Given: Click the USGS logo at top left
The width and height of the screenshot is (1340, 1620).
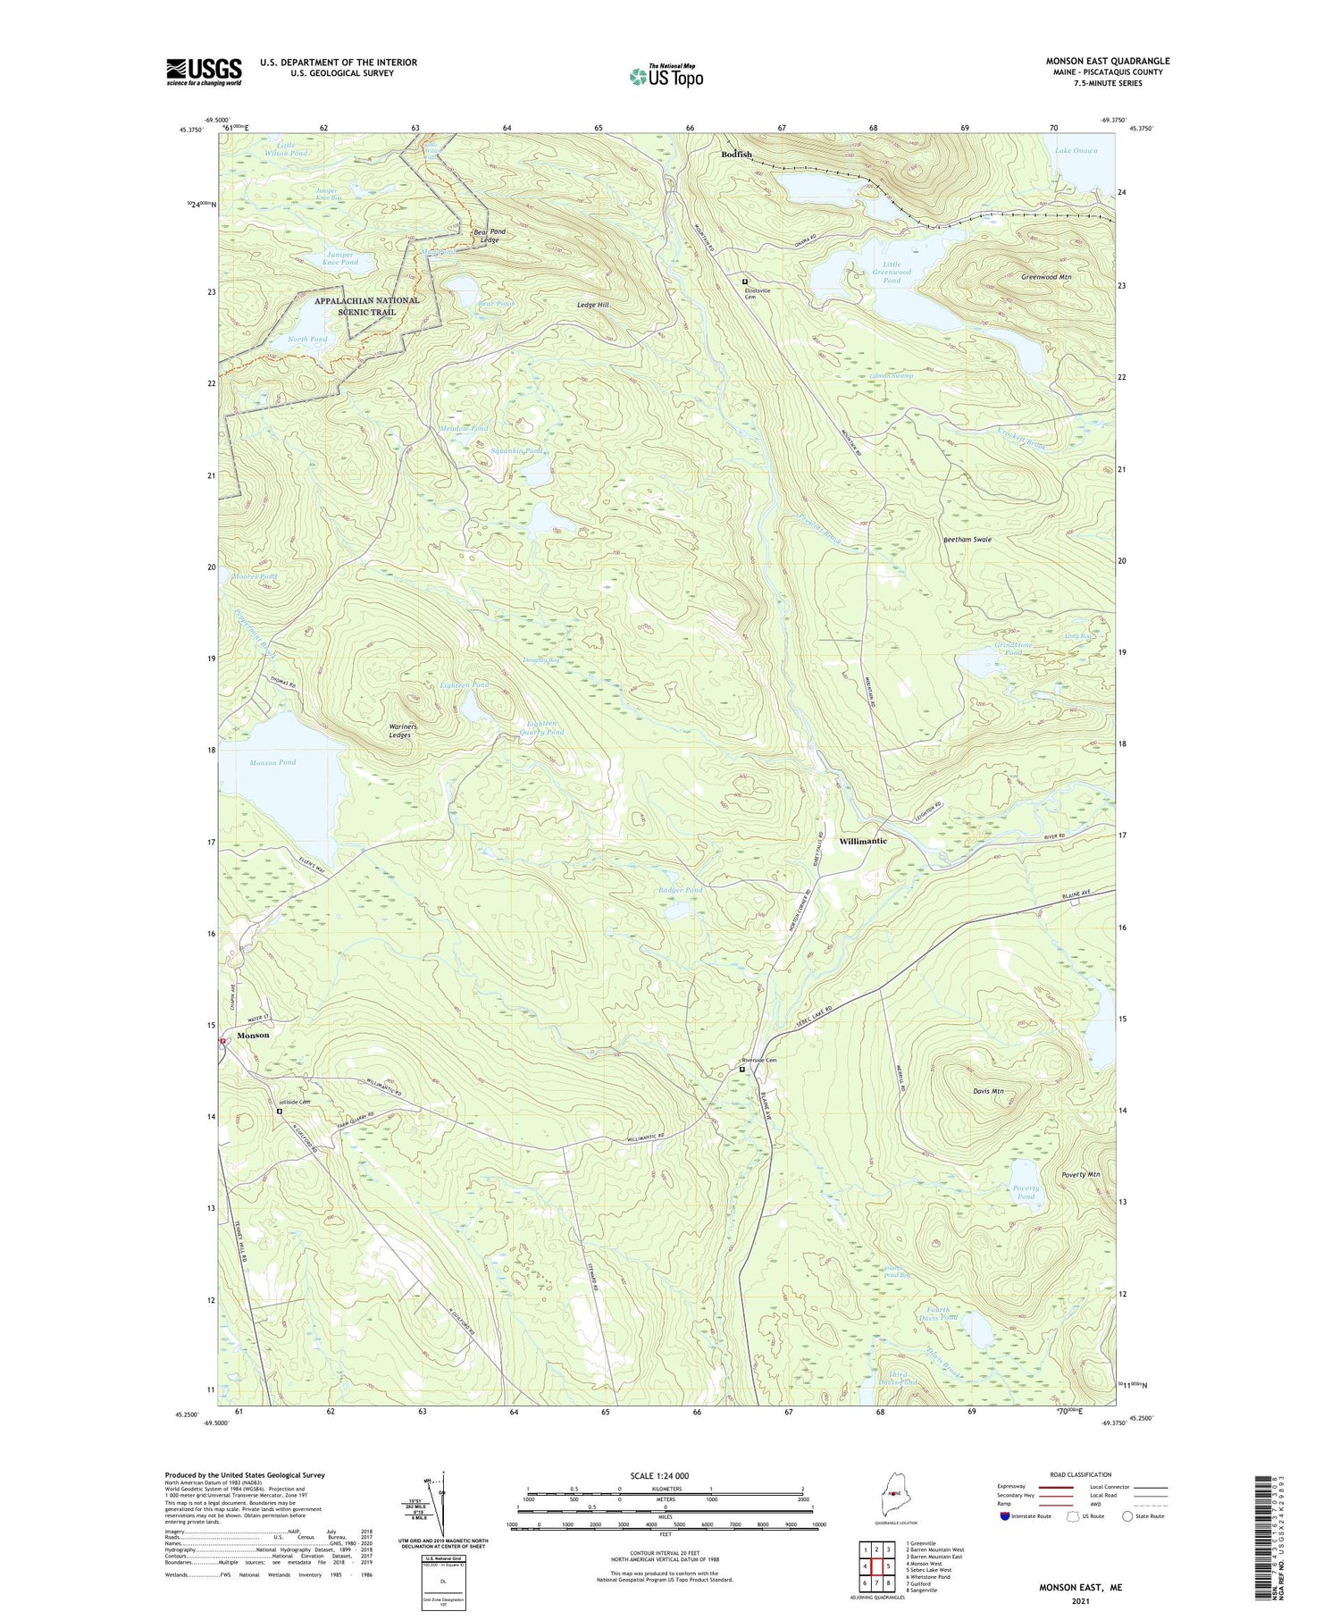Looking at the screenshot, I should pos(204,71).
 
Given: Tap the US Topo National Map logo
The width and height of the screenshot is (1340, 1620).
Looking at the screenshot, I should pos(666,76).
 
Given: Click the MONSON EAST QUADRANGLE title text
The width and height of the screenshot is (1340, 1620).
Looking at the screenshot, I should pos(1108,61).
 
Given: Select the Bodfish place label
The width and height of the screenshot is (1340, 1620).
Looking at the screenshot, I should pos(737,155).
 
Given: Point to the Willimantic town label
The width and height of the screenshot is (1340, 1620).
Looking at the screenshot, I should pos(863,842).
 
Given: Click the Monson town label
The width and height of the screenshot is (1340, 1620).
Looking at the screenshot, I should pos(253,1035).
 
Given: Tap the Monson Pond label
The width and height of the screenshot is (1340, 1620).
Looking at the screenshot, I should pos(272,762).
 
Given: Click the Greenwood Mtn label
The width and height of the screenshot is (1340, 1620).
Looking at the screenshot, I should pos(1046,278).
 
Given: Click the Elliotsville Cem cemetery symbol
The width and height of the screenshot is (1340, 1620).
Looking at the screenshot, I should pos(744,281).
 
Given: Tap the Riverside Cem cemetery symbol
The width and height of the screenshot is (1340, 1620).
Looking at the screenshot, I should pos(741,1068).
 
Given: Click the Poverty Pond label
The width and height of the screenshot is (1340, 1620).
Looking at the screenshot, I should pos(1026,1192).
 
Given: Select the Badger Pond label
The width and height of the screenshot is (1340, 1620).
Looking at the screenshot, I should pos(681,890).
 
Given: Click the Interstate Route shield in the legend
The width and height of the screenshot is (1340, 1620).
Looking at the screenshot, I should pos(1005,1516).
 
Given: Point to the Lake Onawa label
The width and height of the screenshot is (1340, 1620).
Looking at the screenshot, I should pos(1076,150).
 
